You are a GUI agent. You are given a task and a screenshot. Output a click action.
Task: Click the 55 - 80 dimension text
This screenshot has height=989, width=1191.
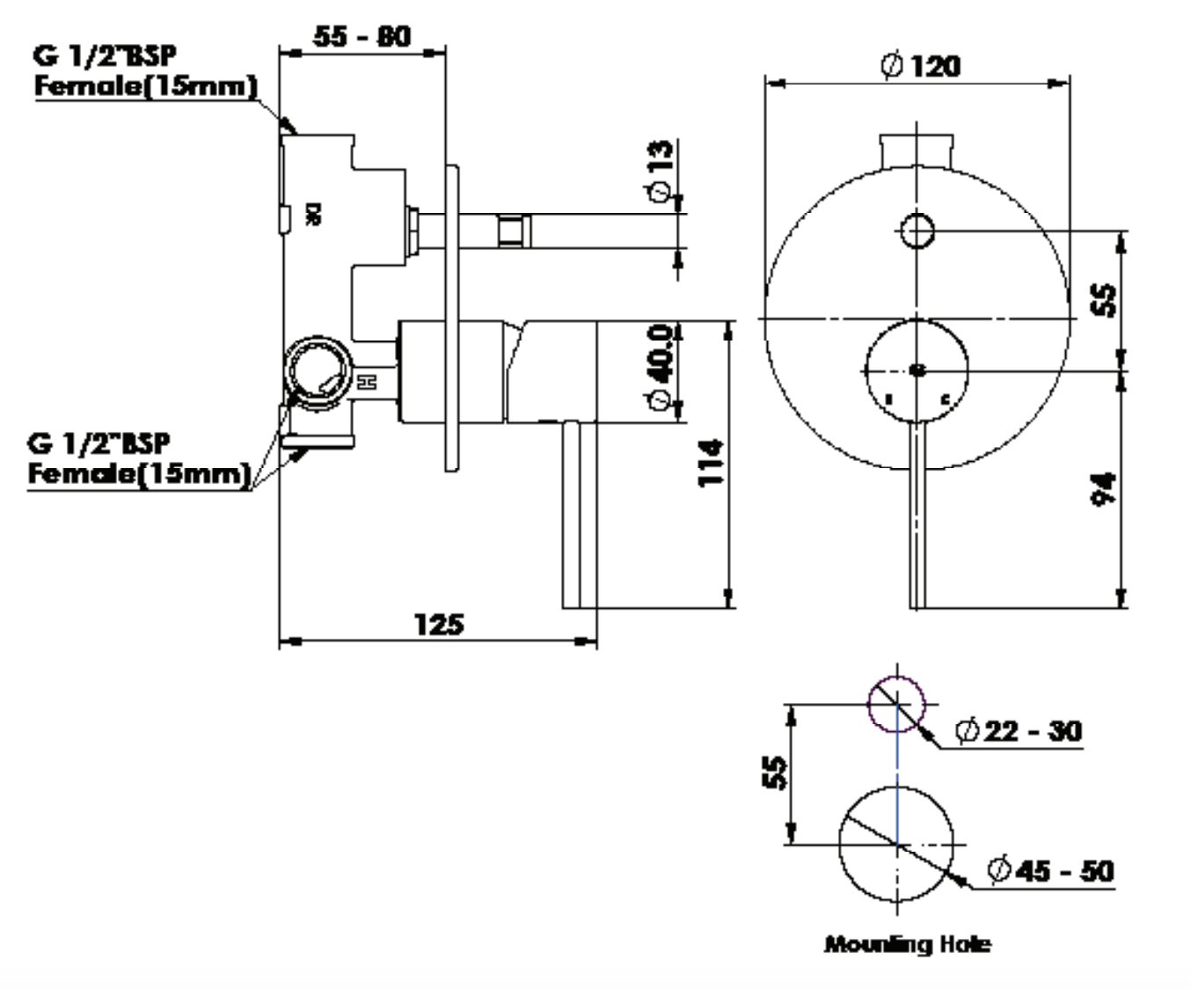click(362, 37)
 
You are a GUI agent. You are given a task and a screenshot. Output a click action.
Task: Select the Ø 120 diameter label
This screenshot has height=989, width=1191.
click(920, 66)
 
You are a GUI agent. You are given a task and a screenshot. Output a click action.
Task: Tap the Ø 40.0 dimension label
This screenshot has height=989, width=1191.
click(661, 365)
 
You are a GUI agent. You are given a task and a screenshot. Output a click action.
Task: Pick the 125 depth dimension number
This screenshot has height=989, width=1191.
click(438, 624)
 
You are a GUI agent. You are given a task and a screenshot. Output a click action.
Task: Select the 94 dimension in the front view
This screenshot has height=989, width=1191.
click(1103, 489)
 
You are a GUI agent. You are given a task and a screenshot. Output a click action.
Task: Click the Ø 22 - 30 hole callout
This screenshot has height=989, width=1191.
click(1018, 730)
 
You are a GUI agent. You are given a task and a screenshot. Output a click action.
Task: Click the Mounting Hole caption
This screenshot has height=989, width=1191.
click(907, 944)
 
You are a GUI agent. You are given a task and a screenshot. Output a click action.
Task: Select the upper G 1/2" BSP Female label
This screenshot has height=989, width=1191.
click(145, 70)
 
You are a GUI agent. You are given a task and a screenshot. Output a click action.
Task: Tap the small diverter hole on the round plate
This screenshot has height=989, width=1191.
click(917, 231)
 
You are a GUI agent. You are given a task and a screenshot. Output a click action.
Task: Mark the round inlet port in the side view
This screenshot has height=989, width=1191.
click(318, 371)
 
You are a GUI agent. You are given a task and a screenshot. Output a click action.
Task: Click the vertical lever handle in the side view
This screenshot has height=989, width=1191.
click(580, 515)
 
